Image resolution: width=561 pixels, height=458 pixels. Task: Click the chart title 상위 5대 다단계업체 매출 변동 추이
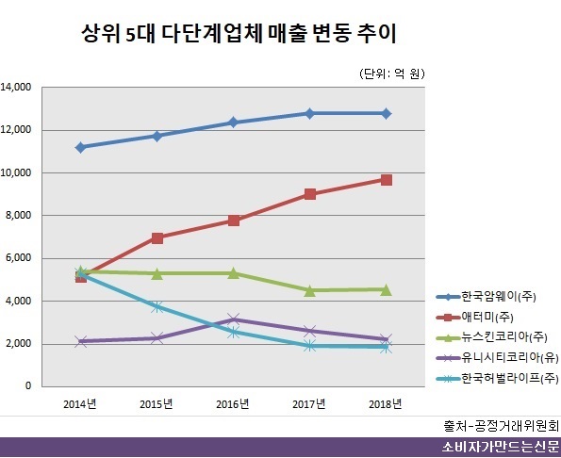[239, 37]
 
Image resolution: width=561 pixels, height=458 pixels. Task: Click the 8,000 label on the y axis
[22, 216]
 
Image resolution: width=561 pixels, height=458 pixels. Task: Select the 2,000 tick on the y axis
[22, 344]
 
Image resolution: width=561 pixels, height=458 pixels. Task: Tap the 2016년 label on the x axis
[233, 404]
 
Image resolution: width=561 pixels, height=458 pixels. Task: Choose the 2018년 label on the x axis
[385, 404]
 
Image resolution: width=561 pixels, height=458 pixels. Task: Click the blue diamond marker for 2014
[81, 147]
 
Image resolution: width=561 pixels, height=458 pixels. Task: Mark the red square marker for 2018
[387, 179]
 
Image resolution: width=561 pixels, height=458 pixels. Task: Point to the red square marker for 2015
[157, 237]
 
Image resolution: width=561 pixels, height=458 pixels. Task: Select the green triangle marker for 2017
[310, 290]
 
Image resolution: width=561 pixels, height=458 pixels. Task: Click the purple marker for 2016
[234, 319]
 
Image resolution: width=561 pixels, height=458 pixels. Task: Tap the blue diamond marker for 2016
[234, 123]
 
